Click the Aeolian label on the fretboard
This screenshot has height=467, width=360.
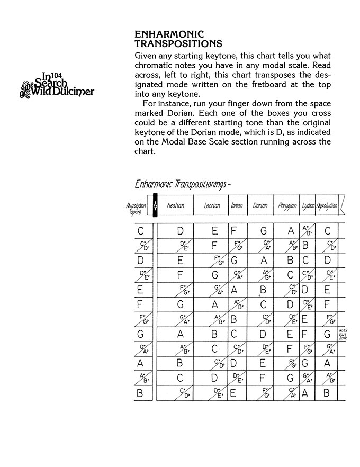(175, 205)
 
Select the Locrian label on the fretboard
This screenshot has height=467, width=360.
(212, 205)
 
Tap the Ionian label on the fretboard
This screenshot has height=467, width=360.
(236, 205)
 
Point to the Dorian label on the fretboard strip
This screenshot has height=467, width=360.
(260, 205)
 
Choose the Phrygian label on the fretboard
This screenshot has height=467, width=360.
(287, 205)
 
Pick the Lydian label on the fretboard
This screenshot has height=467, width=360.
(308, 205)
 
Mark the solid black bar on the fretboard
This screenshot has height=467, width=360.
(155, 205)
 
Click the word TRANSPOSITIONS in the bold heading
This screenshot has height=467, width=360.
(178, 43)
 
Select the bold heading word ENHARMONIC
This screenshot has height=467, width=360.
(169, 34)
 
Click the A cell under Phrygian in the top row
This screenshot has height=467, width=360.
(290, 231)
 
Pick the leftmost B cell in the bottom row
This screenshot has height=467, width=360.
(140, 393)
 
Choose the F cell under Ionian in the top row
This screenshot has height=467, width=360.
(233, 231)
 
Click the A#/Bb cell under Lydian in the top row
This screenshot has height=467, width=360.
(307, 231)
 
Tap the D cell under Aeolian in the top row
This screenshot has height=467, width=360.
(180, 231)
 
